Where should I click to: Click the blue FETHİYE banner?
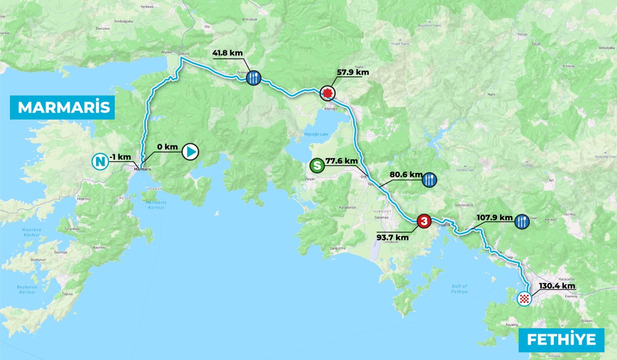pos(561,340)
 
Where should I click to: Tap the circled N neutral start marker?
pos(99,161)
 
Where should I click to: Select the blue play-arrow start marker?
pos(190,151)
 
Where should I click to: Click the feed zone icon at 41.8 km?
pos(253,78)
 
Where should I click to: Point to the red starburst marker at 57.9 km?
pos(327,93)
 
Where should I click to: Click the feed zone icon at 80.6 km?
pos(429,179)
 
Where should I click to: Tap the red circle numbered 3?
pos(423,221)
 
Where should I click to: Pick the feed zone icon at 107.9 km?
pos(521,221)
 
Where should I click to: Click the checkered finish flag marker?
pos(525,299)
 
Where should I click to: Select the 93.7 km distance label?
pos(392,237)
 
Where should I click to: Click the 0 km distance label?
pos(167,147)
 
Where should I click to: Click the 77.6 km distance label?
pos(342,161)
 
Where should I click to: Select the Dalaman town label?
pos(381,217)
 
